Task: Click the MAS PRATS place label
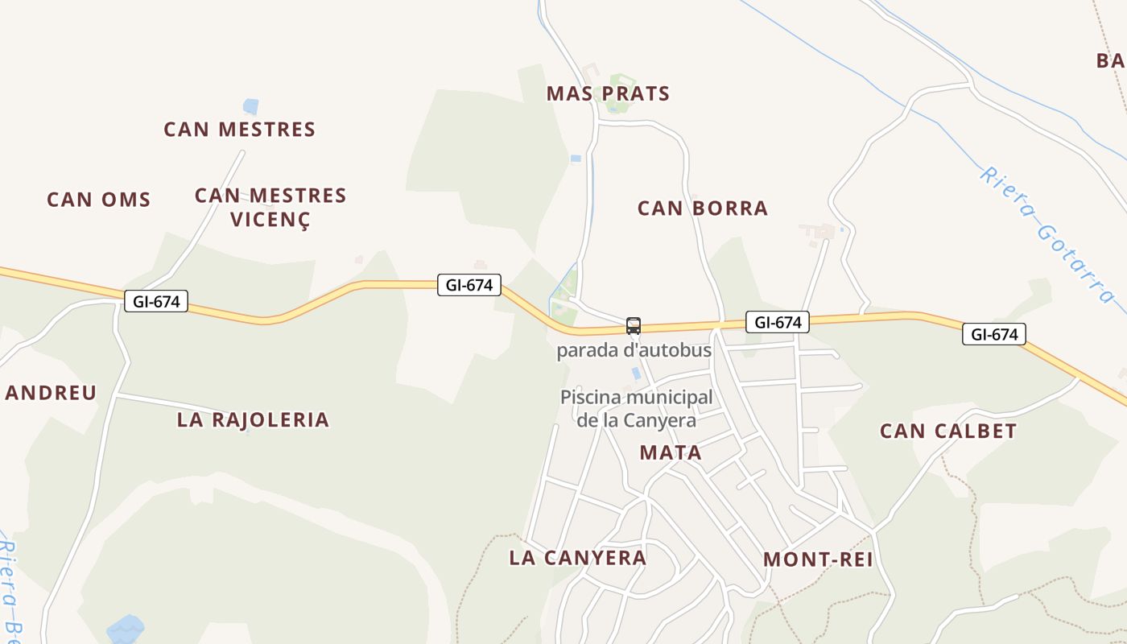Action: point(608,94)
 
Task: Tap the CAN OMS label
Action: point(98,200)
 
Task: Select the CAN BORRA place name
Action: point(702,208)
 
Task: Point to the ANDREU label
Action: point(50,393)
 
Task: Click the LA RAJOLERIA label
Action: point(253,419)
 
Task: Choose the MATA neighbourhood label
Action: point(671,452)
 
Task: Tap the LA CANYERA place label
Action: point(577,558)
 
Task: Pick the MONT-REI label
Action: point(817,559)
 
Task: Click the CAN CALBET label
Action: point(947,431)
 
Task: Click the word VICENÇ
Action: point(270,219)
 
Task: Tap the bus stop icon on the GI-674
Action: point(634,326)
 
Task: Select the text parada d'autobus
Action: point(634,351)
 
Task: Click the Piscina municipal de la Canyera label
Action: point(636,408)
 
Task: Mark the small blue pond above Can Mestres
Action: point(251,106)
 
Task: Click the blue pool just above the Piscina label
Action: point(636,374)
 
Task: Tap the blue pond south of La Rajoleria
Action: point(126,628)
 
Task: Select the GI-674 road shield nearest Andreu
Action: point(156,302)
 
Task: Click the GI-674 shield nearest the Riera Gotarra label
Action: point(993,334)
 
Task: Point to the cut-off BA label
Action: point(1111,60)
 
